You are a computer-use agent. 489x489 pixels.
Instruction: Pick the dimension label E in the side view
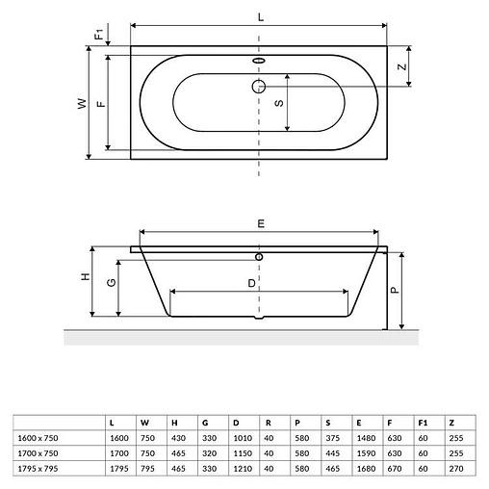click(x=260, y=222)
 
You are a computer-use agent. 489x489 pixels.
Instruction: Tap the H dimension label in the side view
click(x=85, y=278)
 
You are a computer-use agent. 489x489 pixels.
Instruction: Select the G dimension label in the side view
click(x=112, y=284)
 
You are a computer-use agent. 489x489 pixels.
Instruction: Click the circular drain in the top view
click(x=259, y=86)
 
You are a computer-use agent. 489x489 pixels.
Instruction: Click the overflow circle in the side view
click(x=259, y=257)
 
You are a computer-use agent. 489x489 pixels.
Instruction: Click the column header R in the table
click(x=267, y=422)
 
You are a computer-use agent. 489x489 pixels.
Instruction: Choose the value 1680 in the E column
click(x=363, y=467)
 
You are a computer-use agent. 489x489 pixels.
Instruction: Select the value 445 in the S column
click(x=331, y=453)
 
